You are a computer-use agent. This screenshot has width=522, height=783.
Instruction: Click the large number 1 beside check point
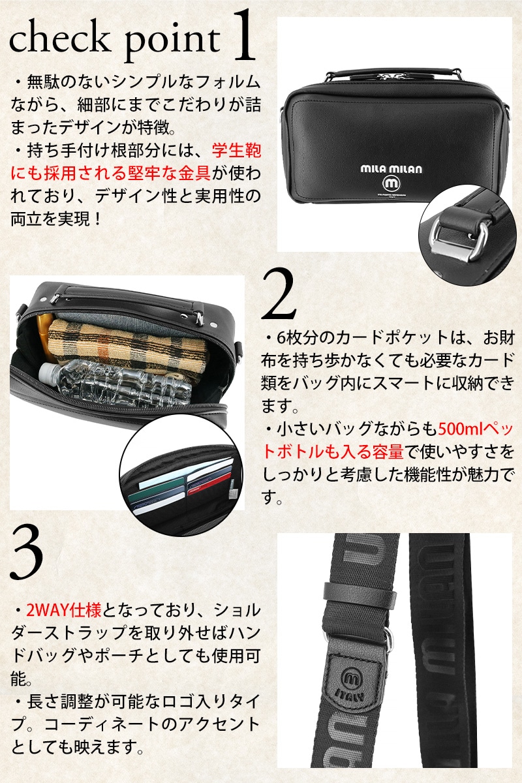pyautogui.click(x=243, y=35)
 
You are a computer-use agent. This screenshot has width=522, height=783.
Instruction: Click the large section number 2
pyautogui.click(x=279, y=294)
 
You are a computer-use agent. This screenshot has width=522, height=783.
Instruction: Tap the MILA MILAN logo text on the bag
pyautogui.click(x=391, y=169)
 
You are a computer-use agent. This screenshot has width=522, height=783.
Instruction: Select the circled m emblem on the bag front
pyautogui.click(x=391, y=183)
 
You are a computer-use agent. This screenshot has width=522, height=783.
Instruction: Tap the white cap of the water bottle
pyautogui.click(x=46, y=372)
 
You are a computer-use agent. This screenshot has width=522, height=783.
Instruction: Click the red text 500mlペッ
pyautogui.click(x=476, y=429)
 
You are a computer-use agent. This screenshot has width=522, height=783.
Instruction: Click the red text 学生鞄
pyautogui.click(x=236, y=151)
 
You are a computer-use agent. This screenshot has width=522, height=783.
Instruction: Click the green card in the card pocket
pyautogui.click(x=157, y=495)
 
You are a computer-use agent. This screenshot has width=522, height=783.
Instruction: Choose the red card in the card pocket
pyautogui.click(x=210, y=483)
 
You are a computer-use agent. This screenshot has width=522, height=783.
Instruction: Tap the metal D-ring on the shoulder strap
pyautogui.click(x=388, y=639)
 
